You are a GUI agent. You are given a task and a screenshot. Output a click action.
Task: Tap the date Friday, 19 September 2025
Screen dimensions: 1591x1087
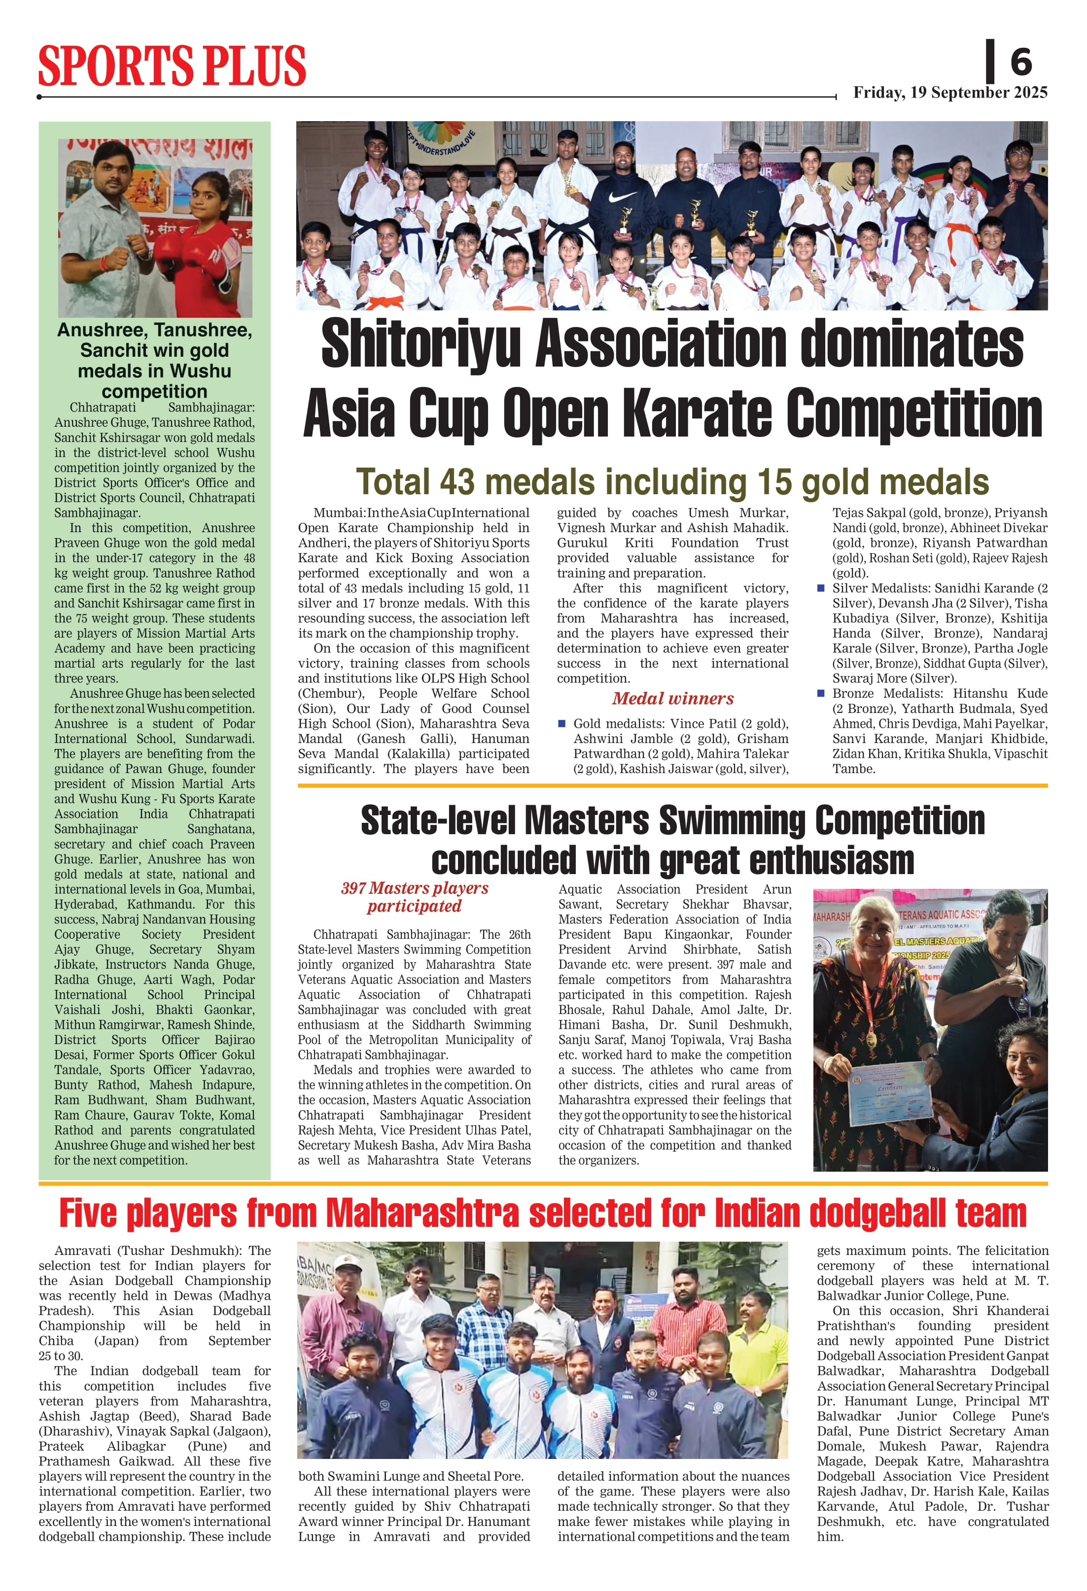950,93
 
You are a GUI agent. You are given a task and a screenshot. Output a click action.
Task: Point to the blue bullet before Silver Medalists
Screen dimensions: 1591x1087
821,588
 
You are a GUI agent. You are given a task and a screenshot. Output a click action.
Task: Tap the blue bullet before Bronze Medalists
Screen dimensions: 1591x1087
821,693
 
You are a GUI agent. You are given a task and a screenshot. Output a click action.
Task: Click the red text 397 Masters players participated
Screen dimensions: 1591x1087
415,897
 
